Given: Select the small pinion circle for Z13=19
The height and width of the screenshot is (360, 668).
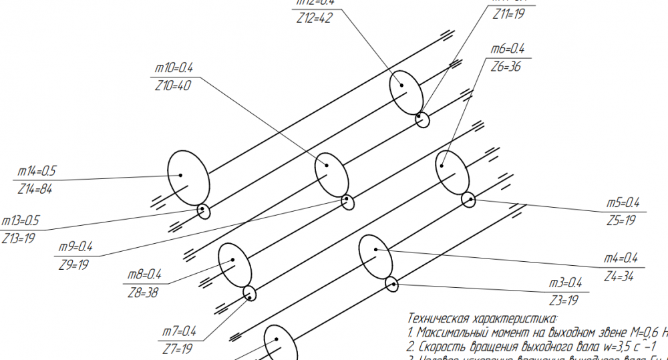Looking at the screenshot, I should point(204,212).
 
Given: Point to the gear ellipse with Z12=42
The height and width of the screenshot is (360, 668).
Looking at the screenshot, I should point(406,92).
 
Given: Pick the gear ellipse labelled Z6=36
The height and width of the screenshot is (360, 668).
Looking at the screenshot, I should point(452,171).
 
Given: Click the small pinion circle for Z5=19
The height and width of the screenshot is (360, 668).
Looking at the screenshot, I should point(468,198).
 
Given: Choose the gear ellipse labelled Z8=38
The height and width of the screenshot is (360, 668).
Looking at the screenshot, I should point(235,263).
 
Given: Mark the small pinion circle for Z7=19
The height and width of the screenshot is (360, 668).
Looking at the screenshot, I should point(249,293).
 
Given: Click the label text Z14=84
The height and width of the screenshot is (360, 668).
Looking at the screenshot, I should point(37,189).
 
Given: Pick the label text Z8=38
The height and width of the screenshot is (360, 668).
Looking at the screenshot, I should point(142,292).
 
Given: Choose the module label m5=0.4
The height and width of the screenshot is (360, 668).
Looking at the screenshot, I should point(623,203).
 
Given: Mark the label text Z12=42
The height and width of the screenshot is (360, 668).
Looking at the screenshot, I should point(315,18).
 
